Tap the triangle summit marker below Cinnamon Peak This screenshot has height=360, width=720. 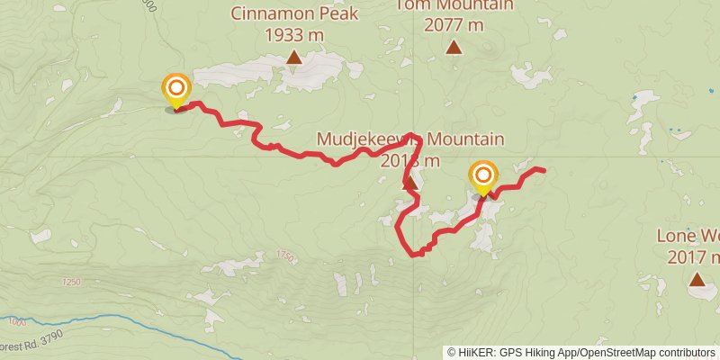[293, 58]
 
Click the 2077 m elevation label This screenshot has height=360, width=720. [454, 24]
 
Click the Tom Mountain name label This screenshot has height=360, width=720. [454, 5]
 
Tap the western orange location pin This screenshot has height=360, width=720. [176, 90]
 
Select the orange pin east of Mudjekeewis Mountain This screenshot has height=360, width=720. [483, 176]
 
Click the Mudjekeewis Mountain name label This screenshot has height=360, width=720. [410, 139]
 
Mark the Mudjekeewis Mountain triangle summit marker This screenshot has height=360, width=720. [409, 184]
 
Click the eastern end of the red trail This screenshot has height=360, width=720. [544, 170]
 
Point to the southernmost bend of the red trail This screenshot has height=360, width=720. [417, 255]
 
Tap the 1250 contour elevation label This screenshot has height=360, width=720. [72, 283]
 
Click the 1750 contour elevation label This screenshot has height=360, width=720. [286, 256]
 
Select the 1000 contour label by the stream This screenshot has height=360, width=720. [15, 321]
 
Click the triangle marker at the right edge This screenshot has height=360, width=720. [697, 280]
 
